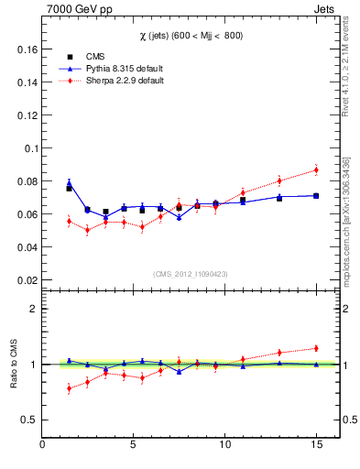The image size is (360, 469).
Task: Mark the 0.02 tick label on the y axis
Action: click(27, 280)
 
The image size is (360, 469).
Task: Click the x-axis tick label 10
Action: click(224, 446)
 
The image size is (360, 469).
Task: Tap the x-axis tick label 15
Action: click(316, 446)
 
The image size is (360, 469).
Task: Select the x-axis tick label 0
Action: click(42, 446)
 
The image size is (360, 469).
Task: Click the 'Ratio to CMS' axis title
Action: click(14, 364)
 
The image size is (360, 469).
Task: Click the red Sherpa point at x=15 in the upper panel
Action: click(316, 169)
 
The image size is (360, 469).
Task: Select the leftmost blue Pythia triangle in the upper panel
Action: click(69, 182)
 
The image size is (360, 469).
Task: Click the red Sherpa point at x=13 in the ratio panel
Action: click(279, 352)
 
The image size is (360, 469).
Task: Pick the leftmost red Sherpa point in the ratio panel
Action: click(69, 388)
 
